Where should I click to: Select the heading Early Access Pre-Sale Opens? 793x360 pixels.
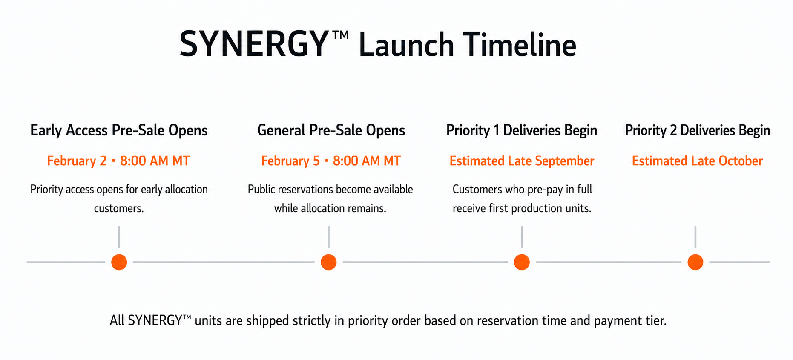pyautogui.click(x=119, y=130)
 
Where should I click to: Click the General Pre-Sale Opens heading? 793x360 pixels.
pyautogui.click(x=331, y=130)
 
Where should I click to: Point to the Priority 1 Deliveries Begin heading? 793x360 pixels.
pyautogui.click(x=522, y=130)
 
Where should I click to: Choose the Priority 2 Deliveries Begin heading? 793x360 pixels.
pyautogui.click(x=698, y=130)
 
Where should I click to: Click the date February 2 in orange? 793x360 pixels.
pyautogui.click(x=77, y=161)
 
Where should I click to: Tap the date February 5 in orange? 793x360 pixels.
pyautogui.click(x=290, y=161)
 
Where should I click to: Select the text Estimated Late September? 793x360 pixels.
pyautogui.click(x=522, y=161)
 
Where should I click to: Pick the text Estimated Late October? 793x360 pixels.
pyautogui.click(x=697, y=161)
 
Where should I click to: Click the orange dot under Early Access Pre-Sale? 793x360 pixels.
pyautogui.click(x=119, y=262)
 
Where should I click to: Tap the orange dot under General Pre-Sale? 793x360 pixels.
pyautogui.click(x=329, y=262)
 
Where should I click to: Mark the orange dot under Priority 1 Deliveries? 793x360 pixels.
pyautogui.click(x=522, y=262)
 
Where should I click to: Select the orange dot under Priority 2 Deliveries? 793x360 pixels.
pyautogui.click(x=695, y=262)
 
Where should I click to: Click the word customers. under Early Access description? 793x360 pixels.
pyautogui.click(x=119, y=209)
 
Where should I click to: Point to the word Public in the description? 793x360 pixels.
pyautogui.click(x=261, y=189)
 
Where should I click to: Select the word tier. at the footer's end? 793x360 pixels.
pyautogui.click(x=656, y=320)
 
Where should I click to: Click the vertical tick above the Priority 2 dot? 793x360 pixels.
pyautogui.click(x=695, y=237)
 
